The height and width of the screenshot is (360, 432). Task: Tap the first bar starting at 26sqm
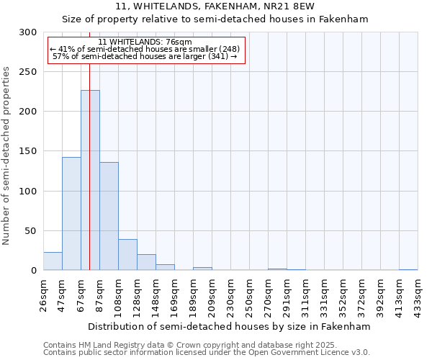click(53, 261)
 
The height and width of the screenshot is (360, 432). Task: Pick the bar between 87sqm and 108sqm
click(109, 216)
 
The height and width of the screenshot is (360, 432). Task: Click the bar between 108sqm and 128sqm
click(127, 255)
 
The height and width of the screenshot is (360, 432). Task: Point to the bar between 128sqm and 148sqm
click(146, 262)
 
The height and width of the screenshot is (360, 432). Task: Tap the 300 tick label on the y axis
click(28, 32)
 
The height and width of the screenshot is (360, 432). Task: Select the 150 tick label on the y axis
click(28, 151)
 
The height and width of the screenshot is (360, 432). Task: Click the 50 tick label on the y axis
click(31, 231)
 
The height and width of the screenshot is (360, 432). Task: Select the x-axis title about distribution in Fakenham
click(230, 326)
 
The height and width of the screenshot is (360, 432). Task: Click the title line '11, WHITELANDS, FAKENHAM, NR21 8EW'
click(215, 7)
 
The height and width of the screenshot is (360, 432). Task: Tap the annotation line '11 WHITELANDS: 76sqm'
click(145, 42)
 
